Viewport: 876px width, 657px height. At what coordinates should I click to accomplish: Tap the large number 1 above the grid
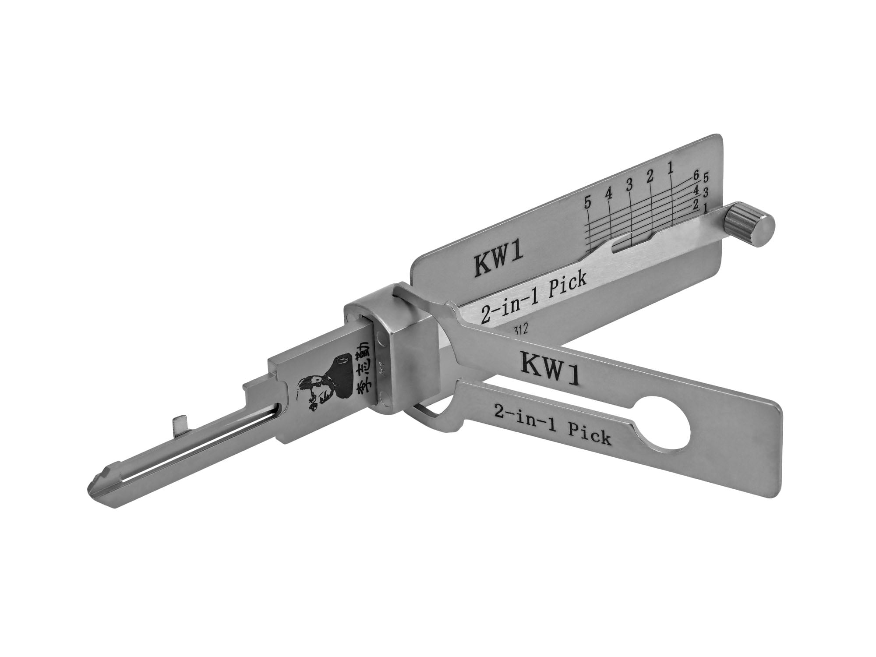[x=670, y=169]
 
